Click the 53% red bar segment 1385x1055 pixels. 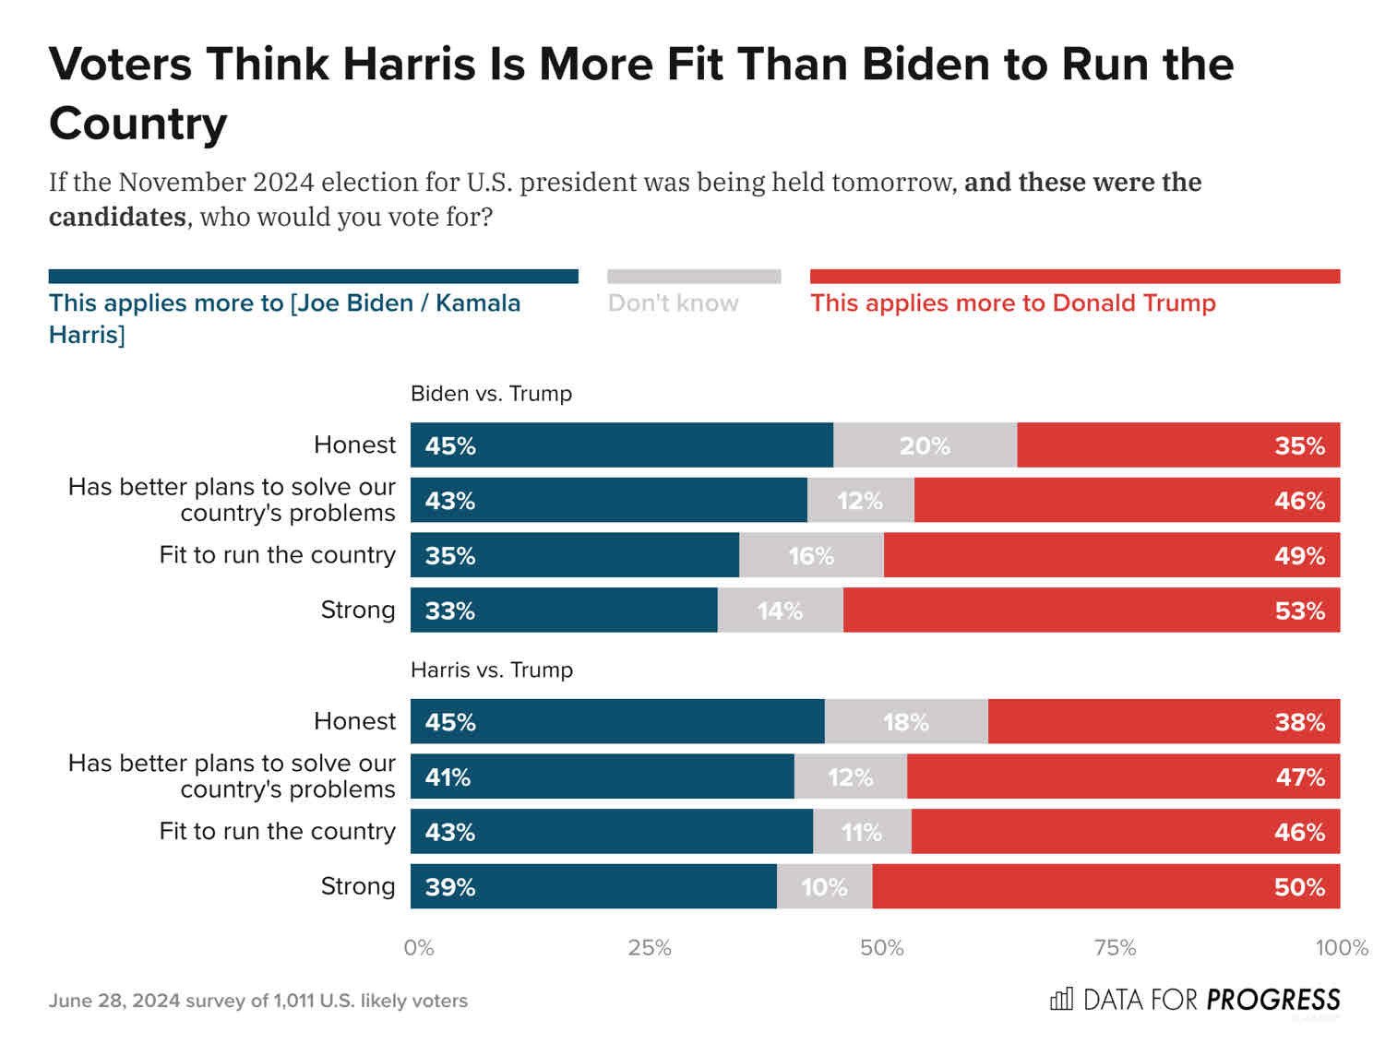click(1091, 610)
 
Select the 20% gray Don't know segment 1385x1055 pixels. click(925, 445)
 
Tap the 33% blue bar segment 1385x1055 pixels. click(564, 610)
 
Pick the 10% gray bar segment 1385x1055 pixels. click(824, 887)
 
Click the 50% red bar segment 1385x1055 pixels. click(1105, 887)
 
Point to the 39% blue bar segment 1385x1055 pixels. click(593, 887)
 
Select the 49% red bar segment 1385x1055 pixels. click(1111, 555)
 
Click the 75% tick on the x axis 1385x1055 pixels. click(1114, 948)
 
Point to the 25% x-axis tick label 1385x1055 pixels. click(650, 948)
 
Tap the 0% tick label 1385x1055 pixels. click(419, 948)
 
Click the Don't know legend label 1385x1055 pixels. click(673, 303)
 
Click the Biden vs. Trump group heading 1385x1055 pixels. click(491, 394)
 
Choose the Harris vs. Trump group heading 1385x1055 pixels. click(491, 670)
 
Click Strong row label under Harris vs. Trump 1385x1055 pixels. click(357, 886)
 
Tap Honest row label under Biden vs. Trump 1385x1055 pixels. click(354, 445)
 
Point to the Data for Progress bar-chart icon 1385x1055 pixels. click(1061, 999)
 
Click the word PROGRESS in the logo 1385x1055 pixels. click(1272, 1000)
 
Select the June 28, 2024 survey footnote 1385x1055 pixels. click(257, 1001)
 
